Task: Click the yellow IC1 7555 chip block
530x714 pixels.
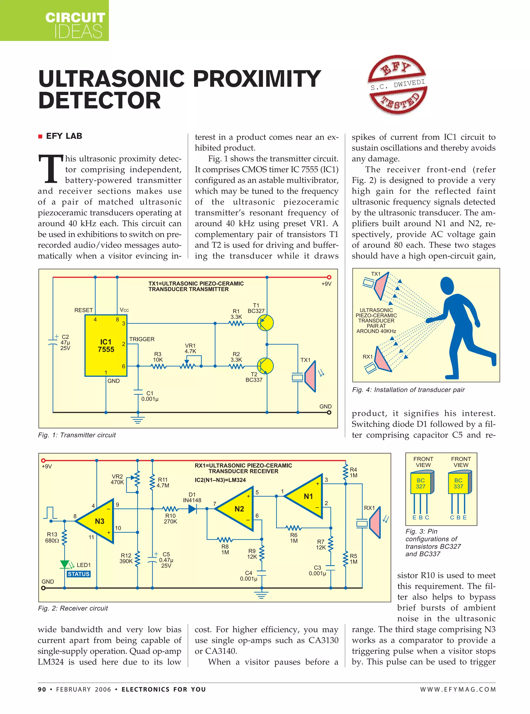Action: [106, 345]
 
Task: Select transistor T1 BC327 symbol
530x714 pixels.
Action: [265, 323]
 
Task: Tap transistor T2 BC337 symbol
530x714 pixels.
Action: [265, 366]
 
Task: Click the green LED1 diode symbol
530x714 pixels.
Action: [65, 564]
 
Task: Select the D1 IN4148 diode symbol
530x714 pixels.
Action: [192, 509]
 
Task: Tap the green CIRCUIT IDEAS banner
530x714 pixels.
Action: [55, 20]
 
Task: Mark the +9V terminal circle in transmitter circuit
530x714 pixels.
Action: [329, 277]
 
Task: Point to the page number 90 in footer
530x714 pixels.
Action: [42, 689]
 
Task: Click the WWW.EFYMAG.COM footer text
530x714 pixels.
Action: [458, 689]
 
